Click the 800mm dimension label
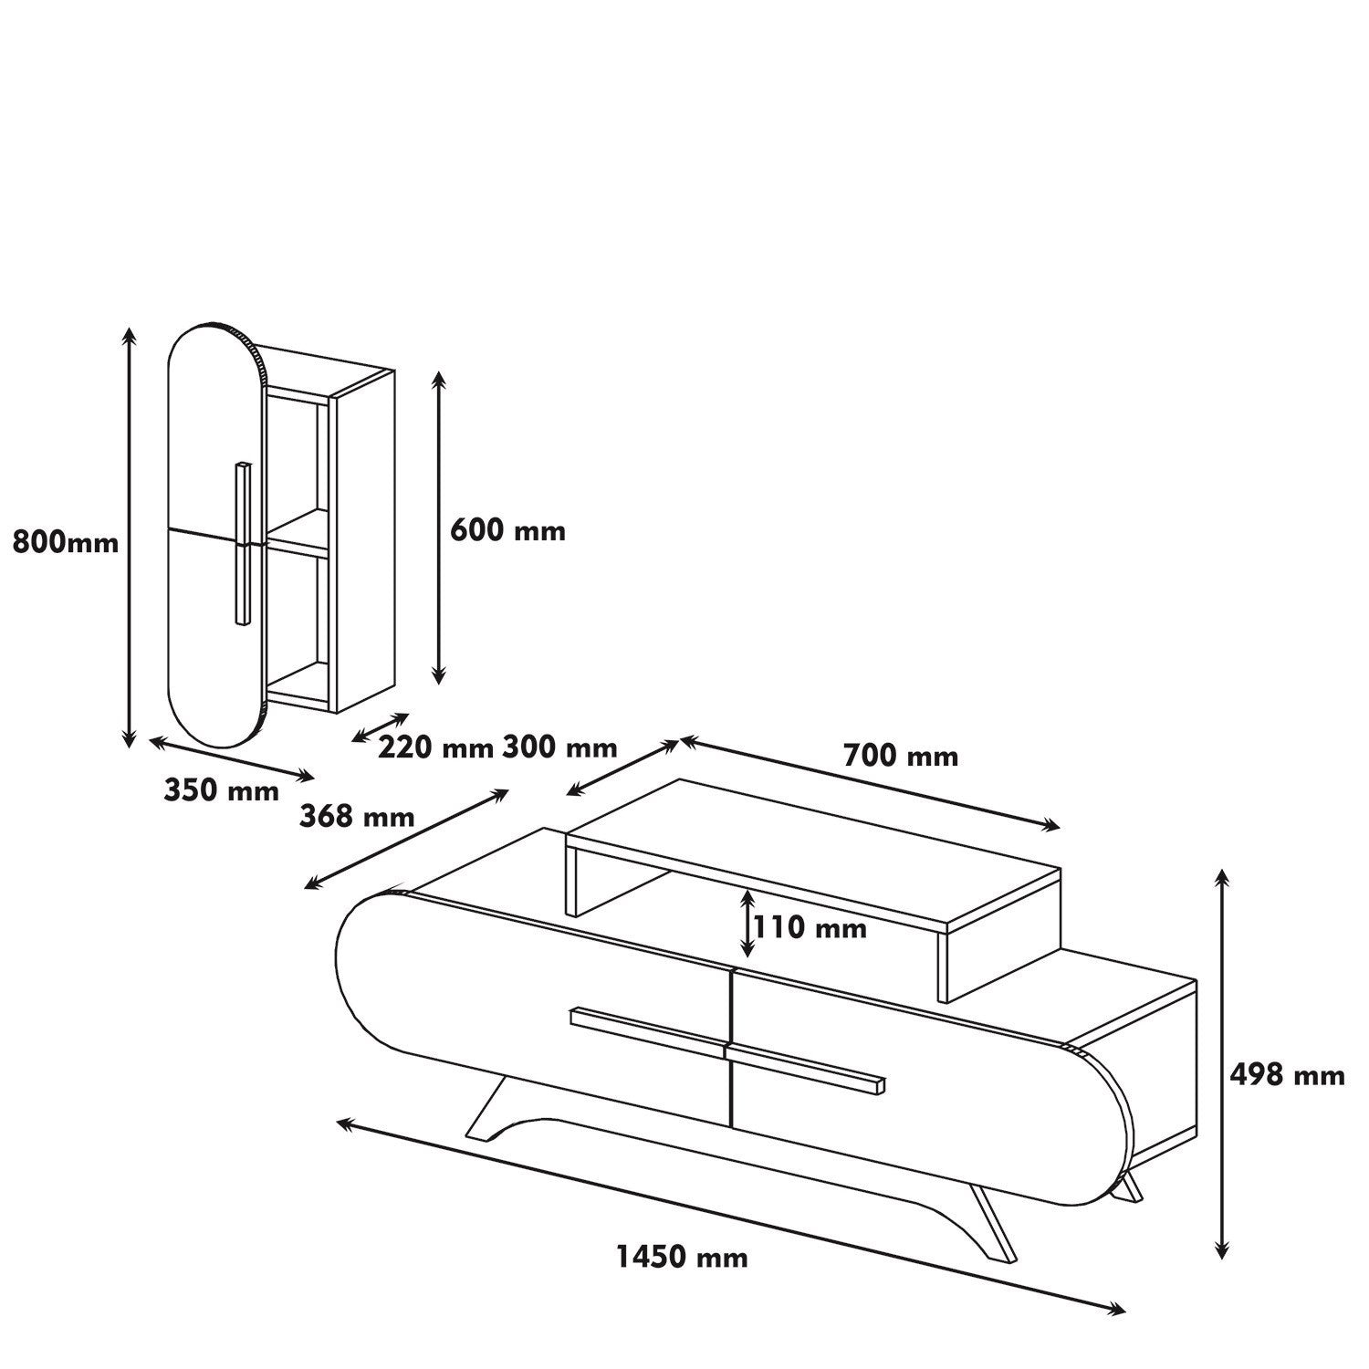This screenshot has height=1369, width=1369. tap(66, 543)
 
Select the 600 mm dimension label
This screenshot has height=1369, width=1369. tap(508, 530)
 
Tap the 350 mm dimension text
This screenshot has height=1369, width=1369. tap(222, 790)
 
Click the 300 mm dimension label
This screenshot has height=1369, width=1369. tap(559, 747)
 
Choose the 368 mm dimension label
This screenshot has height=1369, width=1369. tap(357, 816)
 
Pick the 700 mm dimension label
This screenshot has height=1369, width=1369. tap(901, 756)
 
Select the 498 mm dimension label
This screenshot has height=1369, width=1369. tap(1287, 1075)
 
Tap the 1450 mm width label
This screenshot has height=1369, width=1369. tap(682, 1257)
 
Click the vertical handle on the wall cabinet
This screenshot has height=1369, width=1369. tap(242, 544)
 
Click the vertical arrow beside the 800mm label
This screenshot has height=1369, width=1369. tap(131, 538)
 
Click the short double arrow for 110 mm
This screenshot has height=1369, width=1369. tap(747, 924)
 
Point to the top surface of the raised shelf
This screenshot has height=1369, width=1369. tap(812, 849)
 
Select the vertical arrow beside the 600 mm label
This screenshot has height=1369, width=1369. tap(439, 528)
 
